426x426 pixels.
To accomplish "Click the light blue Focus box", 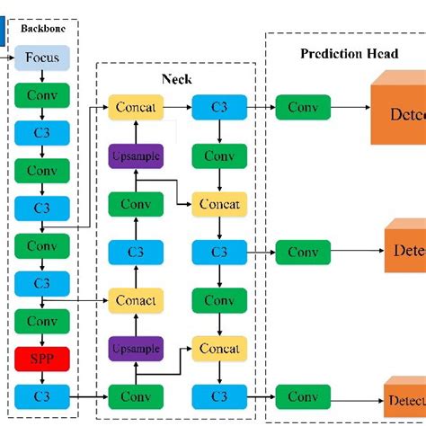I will coord(42,58).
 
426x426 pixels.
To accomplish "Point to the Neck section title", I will coord(176,79).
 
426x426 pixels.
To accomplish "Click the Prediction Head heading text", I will coord(349,54).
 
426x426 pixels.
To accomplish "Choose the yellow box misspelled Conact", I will coord(136,300).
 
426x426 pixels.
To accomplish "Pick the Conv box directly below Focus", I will coord(42,94).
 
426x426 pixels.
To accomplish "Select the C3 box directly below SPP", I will coord(42,395).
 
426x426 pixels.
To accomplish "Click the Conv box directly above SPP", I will coord(42,320).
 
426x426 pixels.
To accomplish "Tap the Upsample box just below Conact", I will coord(136,348).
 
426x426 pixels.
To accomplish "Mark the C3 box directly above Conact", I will coord(136,253).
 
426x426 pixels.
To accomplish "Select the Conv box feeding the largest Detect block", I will coord(303,108).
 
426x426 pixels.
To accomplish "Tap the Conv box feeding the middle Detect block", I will coord(303,253).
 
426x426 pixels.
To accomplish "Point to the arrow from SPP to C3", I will coord(42,377).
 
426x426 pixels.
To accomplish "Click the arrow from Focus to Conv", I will coord(42,76).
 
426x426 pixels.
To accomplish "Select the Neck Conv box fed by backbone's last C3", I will coord(136,395).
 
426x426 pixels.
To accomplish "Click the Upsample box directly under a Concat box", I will coord(136,155).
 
